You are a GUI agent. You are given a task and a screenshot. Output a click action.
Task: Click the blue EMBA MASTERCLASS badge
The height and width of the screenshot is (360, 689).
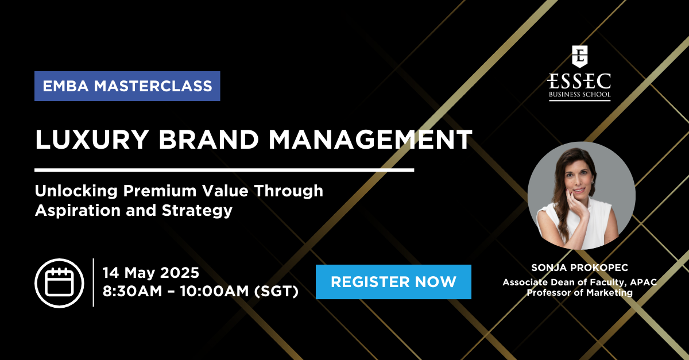(127, 86)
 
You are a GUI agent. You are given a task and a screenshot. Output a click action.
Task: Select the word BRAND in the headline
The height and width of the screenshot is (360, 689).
(208, 140)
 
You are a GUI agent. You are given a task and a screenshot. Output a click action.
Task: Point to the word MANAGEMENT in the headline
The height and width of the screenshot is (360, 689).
(371, 140)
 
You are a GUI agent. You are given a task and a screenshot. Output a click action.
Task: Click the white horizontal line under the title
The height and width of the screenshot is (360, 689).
(224, 170)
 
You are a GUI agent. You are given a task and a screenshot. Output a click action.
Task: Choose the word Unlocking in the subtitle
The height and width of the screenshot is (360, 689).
(76, 191)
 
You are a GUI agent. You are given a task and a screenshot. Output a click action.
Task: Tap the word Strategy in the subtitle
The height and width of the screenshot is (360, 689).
(197, 211)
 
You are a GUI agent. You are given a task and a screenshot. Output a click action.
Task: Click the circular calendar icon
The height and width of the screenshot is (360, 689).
(59, 283)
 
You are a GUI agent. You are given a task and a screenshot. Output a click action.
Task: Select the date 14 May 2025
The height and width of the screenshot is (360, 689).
(150, 273)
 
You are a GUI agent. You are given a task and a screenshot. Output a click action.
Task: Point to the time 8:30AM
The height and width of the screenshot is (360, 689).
(132, 291)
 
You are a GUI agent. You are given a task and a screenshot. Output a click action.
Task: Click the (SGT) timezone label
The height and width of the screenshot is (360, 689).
(276, 291)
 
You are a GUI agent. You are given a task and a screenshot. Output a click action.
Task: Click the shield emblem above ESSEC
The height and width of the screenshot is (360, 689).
(579, 57)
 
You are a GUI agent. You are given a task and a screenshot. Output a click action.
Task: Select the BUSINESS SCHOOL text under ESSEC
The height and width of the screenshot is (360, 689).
(579, 95)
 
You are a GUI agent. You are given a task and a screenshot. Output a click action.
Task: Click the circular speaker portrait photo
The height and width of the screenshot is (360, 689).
(581, 196)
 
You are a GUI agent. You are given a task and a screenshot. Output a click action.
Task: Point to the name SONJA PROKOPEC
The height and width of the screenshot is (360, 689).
(579, 268)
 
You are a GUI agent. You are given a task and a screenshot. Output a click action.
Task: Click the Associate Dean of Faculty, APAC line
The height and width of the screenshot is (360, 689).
(579, 282)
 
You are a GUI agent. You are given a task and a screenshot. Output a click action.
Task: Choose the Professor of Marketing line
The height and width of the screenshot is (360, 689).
(579, 292)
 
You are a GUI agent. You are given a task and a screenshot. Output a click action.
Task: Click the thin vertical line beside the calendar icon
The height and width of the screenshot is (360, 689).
(93, 282)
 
